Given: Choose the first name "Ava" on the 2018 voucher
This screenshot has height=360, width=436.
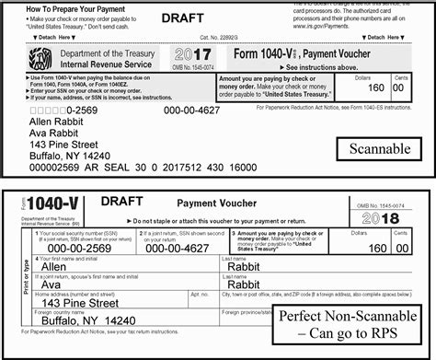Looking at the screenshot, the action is (x=59, y=285).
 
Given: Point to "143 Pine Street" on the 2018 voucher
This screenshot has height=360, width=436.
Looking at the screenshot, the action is (x=80, y=302).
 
